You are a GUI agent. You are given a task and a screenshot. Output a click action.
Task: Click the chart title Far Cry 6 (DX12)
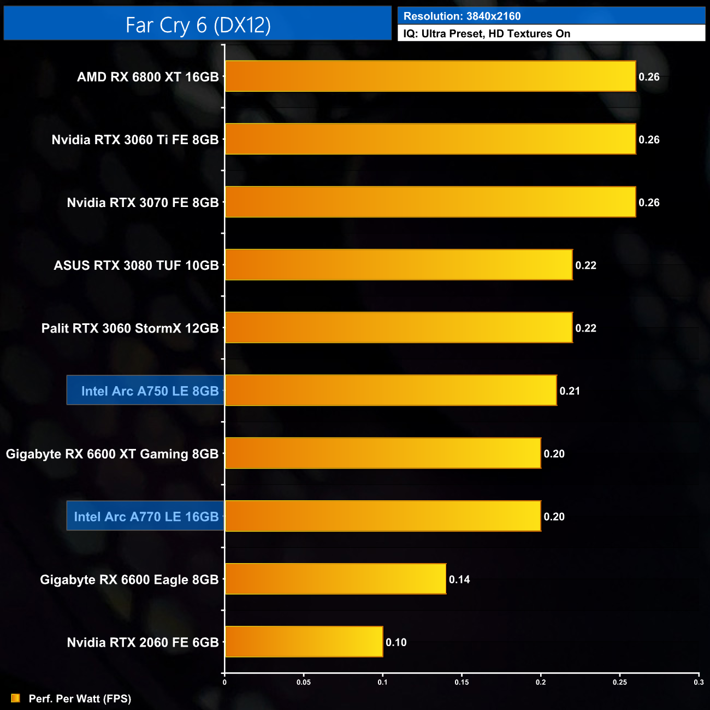click(x=198, y=25)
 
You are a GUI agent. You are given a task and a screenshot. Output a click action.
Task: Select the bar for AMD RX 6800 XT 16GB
click(x=430, y=76)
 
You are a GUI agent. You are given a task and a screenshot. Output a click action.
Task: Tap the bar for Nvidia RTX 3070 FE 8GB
click(x=430, y=202)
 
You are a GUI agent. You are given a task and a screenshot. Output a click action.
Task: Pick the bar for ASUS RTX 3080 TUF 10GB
click(x=399, y=265)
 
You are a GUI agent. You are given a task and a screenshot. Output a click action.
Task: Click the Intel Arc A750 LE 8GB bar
click(x=391, y=390)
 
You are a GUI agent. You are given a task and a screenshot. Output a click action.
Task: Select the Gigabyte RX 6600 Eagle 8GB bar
click(x=335, y=579)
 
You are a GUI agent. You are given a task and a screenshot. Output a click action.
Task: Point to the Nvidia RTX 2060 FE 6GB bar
click(x=304, y=642)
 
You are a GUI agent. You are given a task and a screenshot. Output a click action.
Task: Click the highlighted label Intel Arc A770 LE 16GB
click(x=146, y=516)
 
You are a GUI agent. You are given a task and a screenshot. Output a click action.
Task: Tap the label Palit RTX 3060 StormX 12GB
click(x=130, y=328)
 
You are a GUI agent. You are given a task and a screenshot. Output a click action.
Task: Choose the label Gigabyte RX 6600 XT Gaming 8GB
click(x=112, y=454)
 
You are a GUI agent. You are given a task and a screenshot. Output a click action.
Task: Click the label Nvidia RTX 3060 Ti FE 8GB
click(x=135, y=140)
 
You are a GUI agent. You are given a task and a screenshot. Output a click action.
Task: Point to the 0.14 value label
click(x=459, y=579)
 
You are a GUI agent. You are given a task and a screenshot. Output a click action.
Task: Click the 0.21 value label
click(x=570, y=391)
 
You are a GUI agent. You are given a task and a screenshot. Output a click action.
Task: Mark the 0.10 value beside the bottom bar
click(x=396, y=642)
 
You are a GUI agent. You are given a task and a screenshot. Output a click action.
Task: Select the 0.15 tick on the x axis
click(x=461, y=682)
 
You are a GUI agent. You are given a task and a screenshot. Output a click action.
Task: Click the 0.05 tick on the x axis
click(x=304, y=682)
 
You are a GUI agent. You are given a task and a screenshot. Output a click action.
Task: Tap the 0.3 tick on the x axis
click(x=699, y=682)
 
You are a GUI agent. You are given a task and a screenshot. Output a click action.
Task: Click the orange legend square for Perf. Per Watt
click(x=15, y=698)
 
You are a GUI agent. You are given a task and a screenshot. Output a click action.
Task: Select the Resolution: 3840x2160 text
click(x=462, y=16)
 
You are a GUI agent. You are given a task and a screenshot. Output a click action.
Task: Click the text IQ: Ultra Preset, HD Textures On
click(x=487, y=34)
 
